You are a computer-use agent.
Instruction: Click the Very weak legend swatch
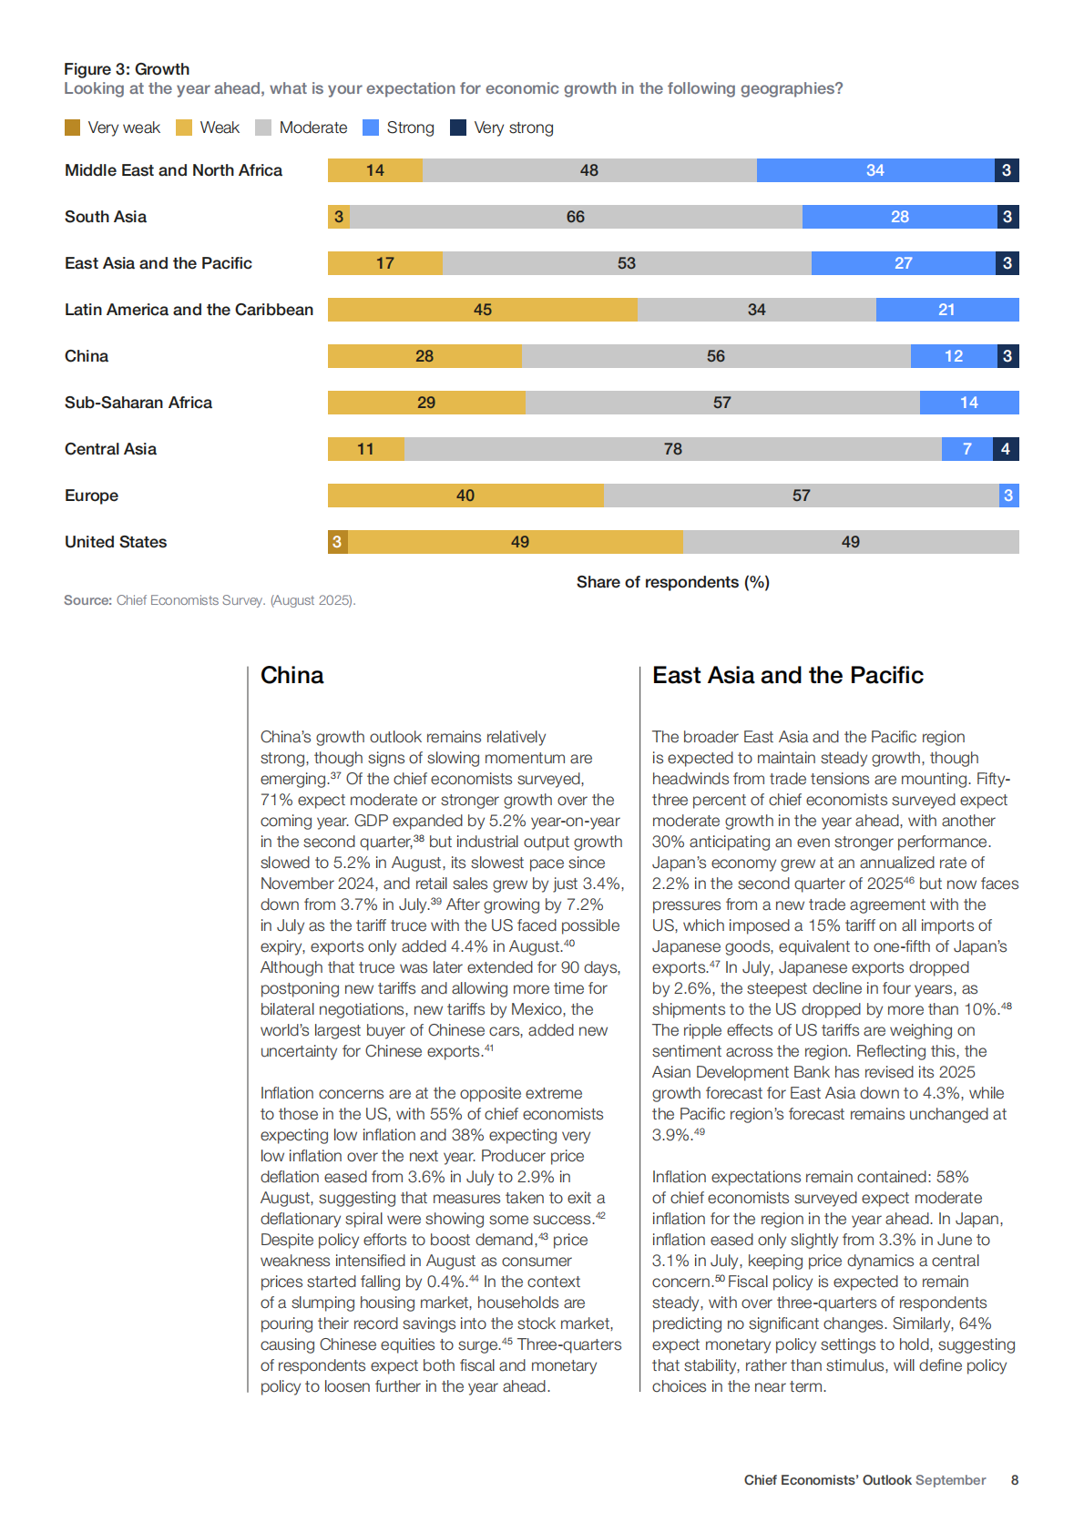tap(73, 128)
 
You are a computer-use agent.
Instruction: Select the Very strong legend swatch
tap(458, 128)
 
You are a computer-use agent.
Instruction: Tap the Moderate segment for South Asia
tap(575, 217)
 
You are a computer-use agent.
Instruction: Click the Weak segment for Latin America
tap(482, 310)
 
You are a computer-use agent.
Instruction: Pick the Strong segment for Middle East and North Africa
tap(874, 170)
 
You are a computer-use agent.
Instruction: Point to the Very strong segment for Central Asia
tap(1006, 449)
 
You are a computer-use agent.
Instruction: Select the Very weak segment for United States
tap(337, 542)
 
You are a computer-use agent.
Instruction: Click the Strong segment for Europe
tap(1008, 496)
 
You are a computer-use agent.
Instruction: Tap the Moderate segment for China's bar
tap(716, 356)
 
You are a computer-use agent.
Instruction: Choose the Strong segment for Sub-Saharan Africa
tap(968, 403)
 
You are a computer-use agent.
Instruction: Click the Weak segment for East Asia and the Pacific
tap(384, 263)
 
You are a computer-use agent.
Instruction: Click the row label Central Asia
tap(110, 449)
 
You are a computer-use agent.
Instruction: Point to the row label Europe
tap(91, 496)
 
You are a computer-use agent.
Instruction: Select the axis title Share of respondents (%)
tap(672, 582)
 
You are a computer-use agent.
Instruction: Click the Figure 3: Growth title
tap(127, 69)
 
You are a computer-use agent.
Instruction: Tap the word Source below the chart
tap(87, 600)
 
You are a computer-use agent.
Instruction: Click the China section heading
tap(291, 675)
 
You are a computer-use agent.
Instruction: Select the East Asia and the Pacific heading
tap(787, 675)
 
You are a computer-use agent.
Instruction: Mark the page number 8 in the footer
tap(1014, 1480)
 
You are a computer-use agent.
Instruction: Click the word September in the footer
tap(950, 1480)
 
